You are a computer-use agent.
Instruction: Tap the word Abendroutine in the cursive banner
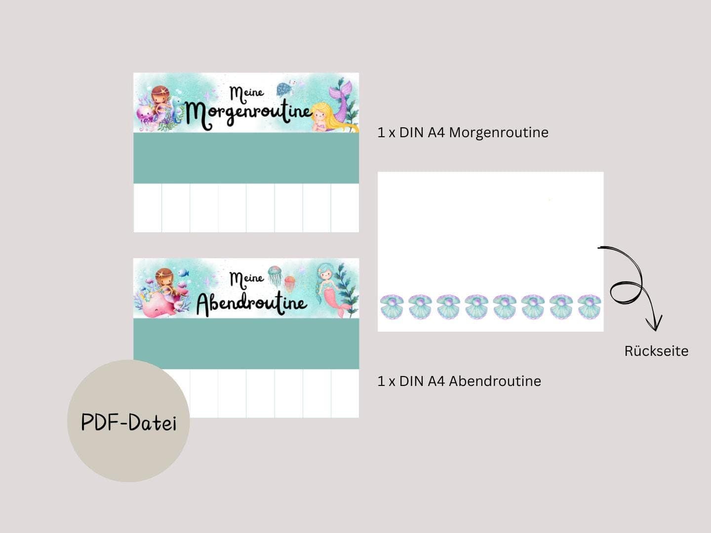(x=251, y=304)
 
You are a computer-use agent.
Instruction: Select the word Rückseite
(x=656, y=351)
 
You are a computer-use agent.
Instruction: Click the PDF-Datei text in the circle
(x=128, y=422)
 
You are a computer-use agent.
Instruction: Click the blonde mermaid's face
(x=320, y=115)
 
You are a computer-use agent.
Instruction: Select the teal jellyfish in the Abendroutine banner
(x=275, y=275)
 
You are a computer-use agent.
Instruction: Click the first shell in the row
(x=392, y=306)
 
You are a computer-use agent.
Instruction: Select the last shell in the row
(x=589, y=306)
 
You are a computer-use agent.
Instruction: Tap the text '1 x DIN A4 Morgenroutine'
(x=463, y=133)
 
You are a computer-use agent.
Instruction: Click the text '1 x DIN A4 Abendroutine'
(x=459, y=381)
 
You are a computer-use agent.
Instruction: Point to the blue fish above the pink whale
(x=183, y=272)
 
